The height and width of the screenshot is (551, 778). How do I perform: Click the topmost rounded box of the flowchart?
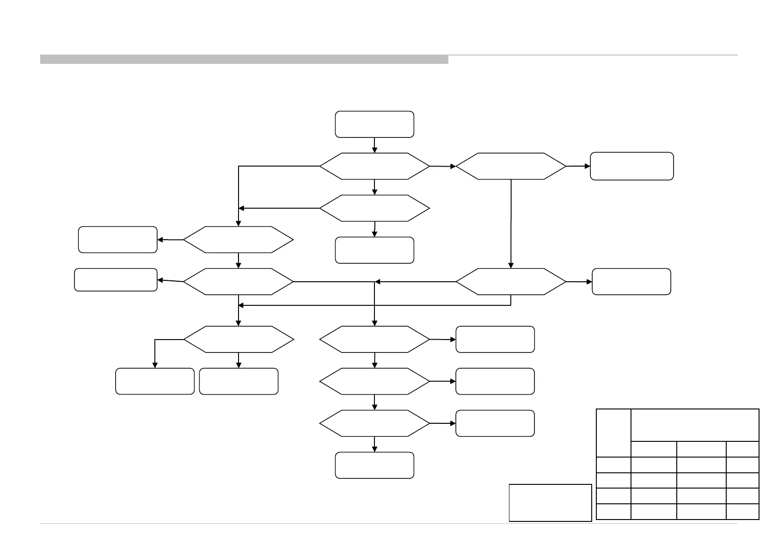click(x=374, y=124)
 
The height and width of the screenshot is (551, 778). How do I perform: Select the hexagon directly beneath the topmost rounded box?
click(x=374, y=166)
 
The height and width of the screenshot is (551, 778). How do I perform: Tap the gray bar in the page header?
click(x=244, y=59)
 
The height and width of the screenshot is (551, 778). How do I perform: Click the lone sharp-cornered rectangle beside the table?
click(x=550, y=502)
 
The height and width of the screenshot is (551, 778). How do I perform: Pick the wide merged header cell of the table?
click(x=695, y=425)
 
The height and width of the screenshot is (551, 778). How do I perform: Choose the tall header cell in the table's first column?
click(x=613, y=433)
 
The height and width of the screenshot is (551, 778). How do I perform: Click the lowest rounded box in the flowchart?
click(x=374, y=465)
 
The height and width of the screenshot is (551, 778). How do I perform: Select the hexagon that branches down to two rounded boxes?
click(x=239, y=340)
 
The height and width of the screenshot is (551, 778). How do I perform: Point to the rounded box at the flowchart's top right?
click(x=631, y=166)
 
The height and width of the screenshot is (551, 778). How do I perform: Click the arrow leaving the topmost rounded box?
click(x=374, y=145)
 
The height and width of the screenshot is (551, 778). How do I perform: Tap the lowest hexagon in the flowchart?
click(x=374, y=423)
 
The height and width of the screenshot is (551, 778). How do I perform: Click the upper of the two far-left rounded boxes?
click(x=118, y=240)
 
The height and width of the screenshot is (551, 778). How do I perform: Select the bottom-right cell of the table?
click(x=742, y=511)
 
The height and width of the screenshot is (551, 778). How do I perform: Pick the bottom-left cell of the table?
click(x=613, y=511)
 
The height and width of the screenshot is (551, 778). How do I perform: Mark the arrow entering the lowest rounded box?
click(x=374, y=444)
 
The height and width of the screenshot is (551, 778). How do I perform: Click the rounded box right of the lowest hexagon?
click(x=495, y=423)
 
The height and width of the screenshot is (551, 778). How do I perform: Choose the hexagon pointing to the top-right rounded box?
click(x=511, y=166)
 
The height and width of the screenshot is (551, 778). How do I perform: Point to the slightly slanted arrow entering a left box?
click(x=171, y=281)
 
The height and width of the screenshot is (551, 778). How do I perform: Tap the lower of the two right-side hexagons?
click(x=511, y=282)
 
